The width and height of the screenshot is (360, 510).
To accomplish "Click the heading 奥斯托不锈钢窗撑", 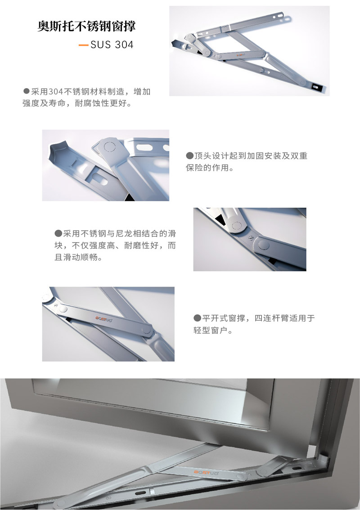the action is (x=86, y=26).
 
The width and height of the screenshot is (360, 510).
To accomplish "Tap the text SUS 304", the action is (x=112, y=45).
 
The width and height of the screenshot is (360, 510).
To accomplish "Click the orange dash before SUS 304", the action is (x=83, y=45).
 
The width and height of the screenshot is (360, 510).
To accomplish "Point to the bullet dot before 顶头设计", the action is (x=189, y=156).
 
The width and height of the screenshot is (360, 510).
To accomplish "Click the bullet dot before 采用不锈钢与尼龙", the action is (x=58, y=233).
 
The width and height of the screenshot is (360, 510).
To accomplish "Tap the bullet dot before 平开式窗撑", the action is (x=197, y=318).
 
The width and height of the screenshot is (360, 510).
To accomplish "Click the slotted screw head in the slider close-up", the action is (x=251, y=237).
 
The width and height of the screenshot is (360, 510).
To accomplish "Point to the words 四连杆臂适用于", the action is (x=284, y=318).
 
